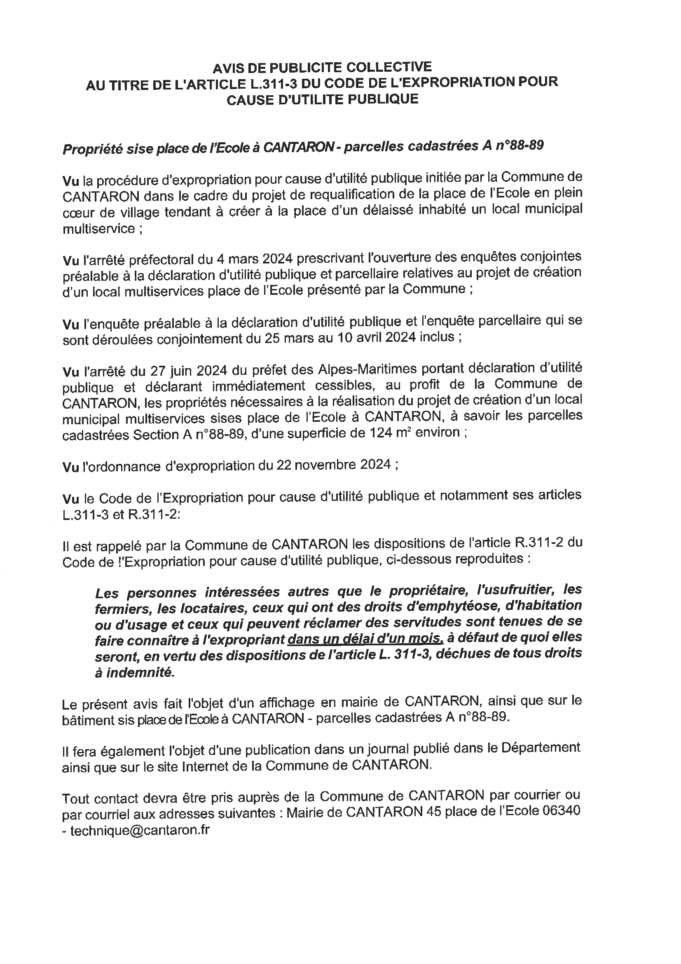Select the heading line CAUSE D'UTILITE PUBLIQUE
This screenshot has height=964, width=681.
pos(322,99)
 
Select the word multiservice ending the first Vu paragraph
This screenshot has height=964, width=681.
pos(99,229)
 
